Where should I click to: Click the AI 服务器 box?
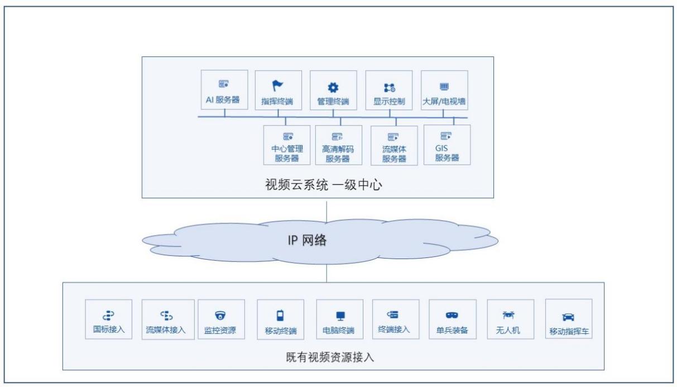(224, 90)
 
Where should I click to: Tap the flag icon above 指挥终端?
(277, 85)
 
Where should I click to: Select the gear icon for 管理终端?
(333, 88)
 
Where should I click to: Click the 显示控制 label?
(389, 101)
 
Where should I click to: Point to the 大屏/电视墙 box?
(444, 90)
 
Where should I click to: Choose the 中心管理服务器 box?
(287, 145)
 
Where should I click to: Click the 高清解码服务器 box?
(338, 145)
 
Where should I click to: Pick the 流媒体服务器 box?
(394, 145)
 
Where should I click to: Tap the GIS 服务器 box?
(447, 145)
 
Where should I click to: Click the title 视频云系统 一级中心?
(323, 185)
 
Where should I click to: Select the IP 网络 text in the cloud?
(307, 240)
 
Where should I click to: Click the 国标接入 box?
(108, 319)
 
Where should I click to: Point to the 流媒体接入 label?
(166, 330)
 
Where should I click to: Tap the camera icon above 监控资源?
(220, 316)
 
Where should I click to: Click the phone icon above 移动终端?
(280, 316)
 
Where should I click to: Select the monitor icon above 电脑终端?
(340, 316)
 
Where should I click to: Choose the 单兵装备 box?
(453, 319)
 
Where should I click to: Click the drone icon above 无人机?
(508, 315)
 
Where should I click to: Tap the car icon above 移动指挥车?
(568, 317)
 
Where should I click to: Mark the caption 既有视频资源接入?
(330, 357)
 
